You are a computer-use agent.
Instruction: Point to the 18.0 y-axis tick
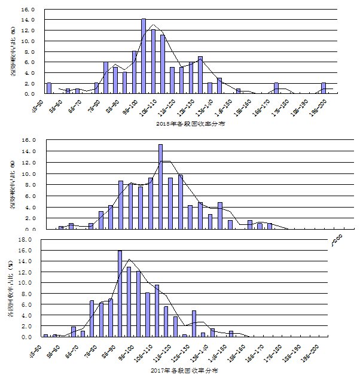click(25, 239)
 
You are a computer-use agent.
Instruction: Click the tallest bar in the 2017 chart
click(120, 294)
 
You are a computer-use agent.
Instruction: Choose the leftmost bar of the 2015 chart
click(49, 88)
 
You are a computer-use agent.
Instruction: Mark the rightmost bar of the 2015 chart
click(324, 88)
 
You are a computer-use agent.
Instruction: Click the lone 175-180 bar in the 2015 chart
click(276, 88)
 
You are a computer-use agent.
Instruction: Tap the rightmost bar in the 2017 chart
click(231, 334)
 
